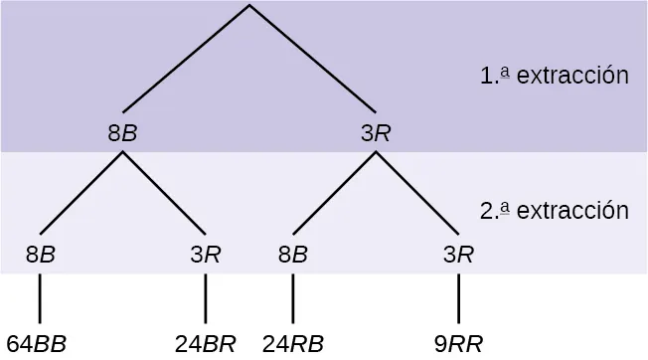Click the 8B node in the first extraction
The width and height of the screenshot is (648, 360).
coord(122,132)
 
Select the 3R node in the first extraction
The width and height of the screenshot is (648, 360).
coord(376,132)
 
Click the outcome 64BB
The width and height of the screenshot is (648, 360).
coord(37,344)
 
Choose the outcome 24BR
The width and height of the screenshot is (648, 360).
coord(205,344)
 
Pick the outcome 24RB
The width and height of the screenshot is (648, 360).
coord(293,344)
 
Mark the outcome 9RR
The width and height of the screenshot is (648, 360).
coord(458,344)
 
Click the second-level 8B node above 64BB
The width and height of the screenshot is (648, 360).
coord(40,253)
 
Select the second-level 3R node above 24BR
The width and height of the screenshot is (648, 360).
coord(205,253)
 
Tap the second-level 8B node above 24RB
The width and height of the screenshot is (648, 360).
coord(293,253)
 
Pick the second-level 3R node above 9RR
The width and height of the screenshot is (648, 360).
coord(458,253)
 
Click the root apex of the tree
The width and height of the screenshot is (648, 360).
coord(249,6)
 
